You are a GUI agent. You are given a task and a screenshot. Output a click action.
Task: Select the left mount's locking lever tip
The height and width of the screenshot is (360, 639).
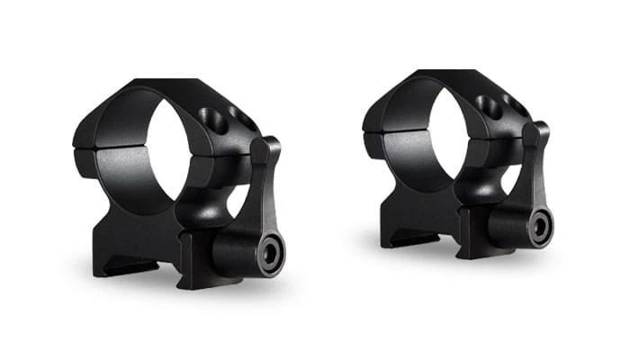(266, 146)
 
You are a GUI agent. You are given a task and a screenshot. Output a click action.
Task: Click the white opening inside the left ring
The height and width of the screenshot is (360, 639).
(166, 144)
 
